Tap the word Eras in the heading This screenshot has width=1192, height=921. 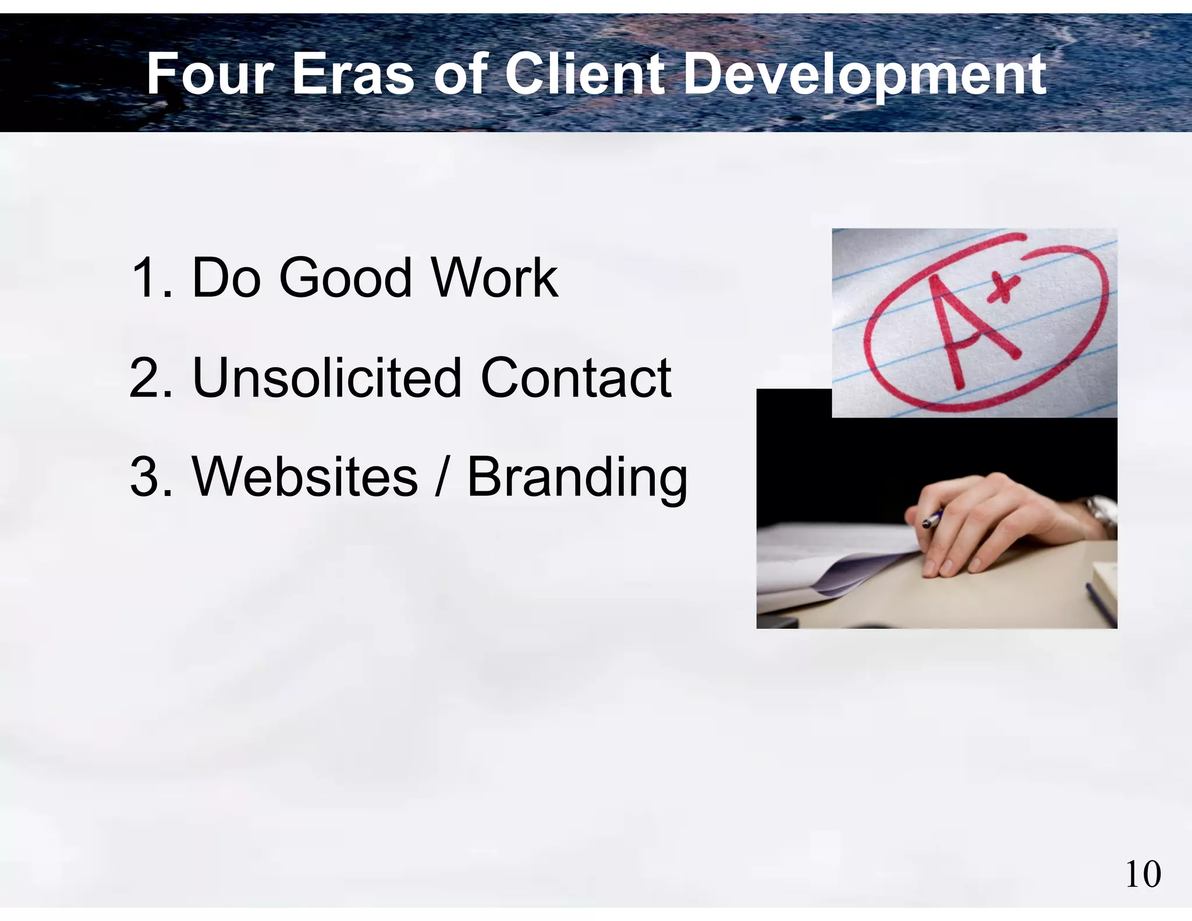pos(352,74)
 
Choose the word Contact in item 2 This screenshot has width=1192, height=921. pos(576,378)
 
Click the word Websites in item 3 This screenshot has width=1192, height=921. pos(304,477)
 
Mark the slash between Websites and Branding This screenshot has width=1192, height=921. pos(442,477)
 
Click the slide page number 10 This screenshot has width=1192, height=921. pos(1143,874)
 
